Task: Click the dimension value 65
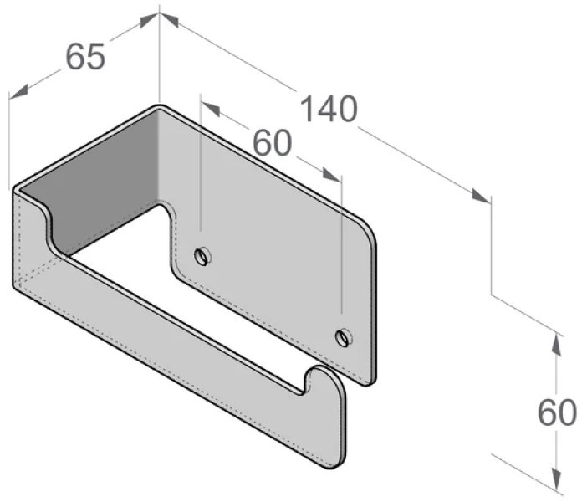point(85,56)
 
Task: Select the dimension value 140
point(329,109)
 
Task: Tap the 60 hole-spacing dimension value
point(273,143)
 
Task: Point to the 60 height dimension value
point(557,412)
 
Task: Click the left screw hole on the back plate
point(202,256)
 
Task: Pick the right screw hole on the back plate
point(344,337)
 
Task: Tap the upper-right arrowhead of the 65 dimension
point(150,20)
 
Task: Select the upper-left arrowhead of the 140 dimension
point(169,20)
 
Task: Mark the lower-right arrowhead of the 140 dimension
point(481,196)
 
